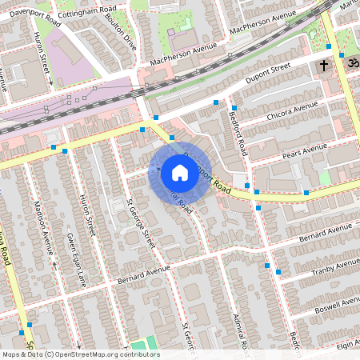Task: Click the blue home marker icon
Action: pos(180,172)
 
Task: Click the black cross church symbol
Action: pos(324,65)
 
